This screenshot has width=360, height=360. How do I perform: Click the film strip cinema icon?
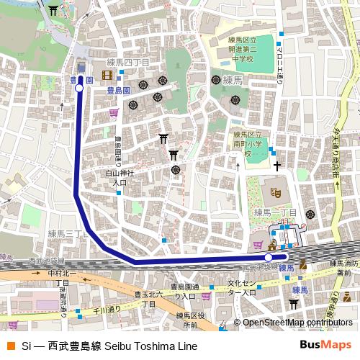coord(107,75)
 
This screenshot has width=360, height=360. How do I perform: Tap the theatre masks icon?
coord(275,192)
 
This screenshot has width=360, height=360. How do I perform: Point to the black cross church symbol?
coord(277,166)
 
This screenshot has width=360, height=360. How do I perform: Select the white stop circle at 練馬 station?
coord(269,257)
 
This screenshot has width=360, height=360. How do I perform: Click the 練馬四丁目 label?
coord(127,64)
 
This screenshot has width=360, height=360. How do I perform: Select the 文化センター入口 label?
coord(241,288)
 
